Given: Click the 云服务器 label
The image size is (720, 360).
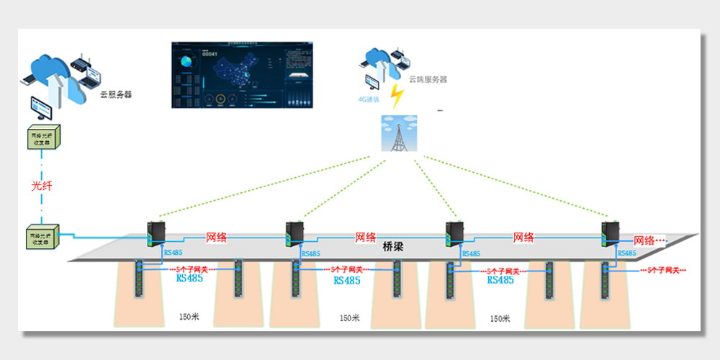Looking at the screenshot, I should tap(115, 94).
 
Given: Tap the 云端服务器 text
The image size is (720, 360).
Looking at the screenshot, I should tap(428, 79).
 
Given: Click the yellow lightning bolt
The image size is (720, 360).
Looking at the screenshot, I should tap(396, 94).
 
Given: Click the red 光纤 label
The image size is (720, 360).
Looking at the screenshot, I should tap(43, 186).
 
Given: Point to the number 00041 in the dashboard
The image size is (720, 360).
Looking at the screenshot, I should tap(209, 54).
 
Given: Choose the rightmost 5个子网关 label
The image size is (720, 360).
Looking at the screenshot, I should tap(665, 271).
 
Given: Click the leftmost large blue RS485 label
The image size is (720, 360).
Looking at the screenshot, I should tap(190, 278).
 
